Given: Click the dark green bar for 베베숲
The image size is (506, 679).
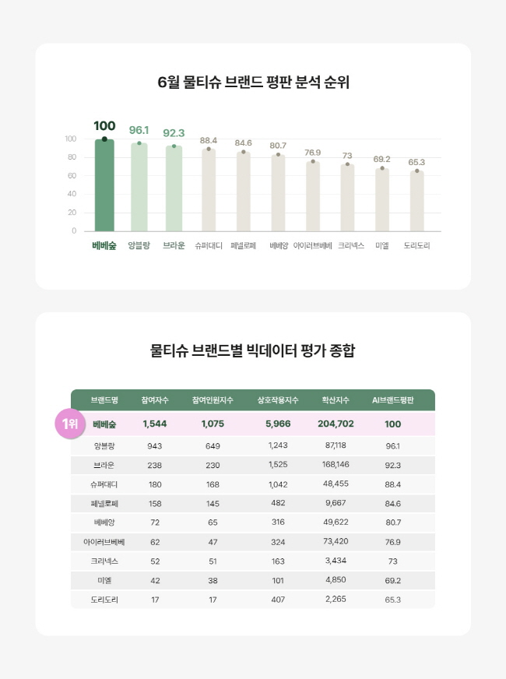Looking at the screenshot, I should coord(104,185).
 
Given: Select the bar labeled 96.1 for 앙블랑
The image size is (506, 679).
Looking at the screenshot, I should coord(139,187).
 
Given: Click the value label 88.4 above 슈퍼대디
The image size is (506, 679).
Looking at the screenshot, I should coord(209,141).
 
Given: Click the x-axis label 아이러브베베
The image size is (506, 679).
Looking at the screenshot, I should coord(312,245).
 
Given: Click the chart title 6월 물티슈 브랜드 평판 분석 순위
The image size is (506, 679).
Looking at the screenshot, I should coord(253,83).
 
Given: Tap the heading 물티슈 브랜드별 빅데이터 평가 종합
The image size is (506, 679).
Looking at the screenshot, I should coord(253,350).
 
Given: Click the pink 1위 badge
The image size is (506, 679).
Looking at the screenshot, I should coord(69,424).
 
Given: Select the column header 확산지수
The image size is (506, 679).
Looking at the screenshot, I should coord(336,400).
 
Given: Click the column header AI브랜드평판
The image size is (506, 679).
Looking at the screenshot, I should coord(393,400).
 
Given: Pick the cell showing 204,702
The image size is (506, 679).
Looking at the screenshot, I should coord(336,424).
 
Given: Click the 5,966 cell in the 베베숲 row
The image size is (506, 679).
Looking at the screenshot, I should coord(278,424).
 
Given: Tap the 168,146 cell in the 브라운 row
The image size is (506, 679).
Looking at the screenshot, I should coord(336,465).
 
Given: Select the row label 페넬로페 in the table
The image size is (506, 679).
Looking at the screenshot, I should coord(104,503).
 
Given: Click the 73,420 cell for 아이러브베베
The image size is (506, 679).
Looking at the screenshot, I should coord(336,541).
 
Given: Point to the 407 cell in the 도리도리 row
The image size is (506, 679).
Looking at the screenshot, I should coord(278,600).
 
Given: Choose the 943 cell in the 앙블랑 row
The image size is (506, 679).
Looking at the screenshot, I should coord(155,445).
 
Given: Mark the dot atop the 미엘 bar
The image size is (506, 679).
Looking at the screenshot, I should coord(382,168).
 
